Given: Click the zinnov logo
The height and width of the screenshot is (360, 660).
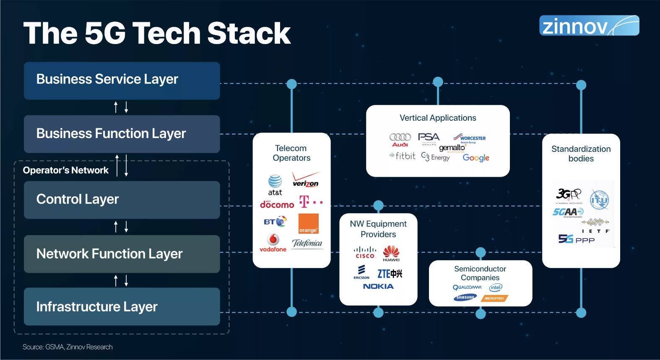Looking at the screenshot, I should [589, 26].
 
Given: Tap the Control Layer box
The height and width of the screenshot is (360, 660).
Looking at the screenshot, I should [122, 200].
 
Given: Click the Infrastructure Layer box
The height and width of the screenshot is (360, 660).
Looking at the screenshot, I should [122, 306].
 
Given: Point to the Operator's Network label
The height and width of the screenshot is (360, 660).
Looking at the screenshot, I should [66, 170].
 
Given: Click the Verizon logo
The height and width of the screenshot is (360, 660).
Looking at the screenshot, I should [306, 180].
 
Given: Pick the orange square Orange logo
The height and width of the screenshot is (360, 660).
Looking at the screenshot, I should [308, 224].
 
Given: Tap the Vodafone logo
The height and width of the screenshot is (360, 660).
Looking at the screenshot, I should [273, 243].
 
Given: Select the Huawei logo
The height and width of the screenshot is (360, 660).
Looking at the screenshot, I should [391, 253].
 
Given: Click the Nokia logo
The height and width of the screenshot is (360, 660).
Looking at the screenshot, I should [378, 286].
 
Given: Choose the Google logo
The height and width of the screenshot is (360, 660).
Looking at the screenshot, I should [476, 158].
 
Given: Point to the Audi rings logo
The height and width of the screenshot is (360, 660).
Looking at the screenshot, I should [400, 139].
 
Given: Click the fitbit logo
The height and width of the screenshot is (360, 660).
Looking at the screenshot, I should [403, 156].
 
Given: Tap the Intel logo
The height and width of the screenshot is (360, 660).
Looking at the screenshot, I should [495, 287].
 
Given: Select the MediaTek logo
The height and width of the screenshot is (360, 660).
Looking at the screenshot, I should [494, 298].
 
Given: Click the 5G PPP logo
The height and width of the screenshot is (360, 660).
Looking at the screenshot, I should [576, 239].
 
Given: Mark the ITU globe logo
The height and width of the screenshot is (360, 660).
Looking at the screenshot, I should [599, 200].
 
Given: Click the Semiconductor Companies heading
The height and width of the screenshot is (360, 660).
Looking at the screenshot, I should [480, 273].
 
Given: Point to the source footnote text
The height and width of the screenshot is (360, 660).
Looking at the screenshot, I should [68, 347].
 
